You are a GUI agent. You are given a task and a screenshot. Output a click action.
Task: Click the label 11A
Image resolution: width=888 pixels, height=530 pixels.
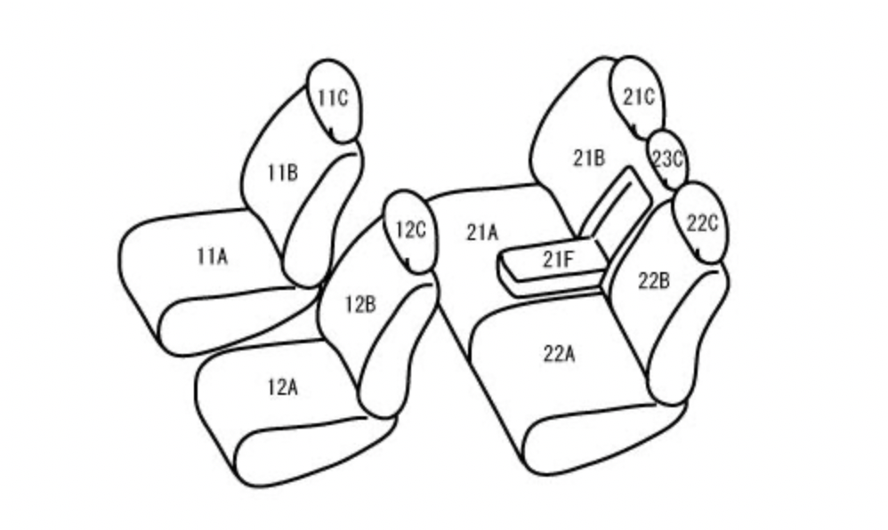[x=213, y=256]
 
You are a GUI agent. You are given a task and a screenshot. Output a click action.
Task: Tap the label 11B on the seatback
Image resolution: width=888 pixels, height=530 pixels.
[x=283, y=173]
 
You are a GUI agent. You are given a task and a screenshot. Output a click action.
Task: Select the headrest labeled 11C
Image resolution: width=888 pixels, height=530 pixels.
[x=334, y=100]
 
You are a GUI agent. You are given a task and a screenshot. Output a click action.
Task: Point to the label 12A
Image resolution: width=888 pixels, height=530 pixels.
[x=283, y=388]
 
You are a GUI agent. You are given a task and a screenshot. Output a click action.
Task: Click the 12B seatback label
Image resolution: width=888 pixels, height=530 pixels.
[x=360, y=305]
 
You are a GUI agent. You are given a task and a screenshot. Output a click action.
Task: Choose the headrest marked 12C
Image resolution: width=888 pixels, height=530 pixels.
[x=411, y=232]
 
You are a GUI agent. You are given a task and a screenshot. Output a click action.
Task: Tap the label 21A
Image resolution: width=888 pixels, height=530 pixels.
[x=482, y=232]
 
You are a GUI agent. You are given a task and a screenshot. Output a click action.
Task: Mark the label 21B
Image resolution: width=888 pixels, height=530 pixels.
[x=589, y=158]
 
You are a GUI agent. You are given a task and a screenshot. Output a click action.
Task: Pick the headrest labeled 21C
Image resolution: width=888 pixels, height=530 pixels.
[x=638, y=98]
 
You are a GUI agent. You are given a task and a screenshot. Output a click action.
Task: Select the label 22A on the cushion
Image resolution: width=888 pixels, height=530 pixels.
[x=560, y=354]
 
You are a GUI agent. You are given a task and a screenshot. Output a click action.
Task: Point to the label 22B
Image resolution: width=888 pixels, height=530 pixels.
[x=654, y=280]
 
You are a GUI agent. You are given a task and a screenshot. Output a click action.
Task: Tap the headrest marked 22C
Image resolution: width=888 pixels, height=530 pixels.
[x=701, y=223]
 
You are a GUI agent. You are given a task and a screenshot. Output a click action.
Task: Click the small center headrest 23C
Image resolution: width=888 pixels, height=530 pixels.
[x=666, y=159]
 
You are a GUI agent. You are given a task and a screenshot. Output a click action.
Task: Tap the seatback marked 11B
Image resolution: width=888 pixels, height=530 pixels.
[x=300, y=187]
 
